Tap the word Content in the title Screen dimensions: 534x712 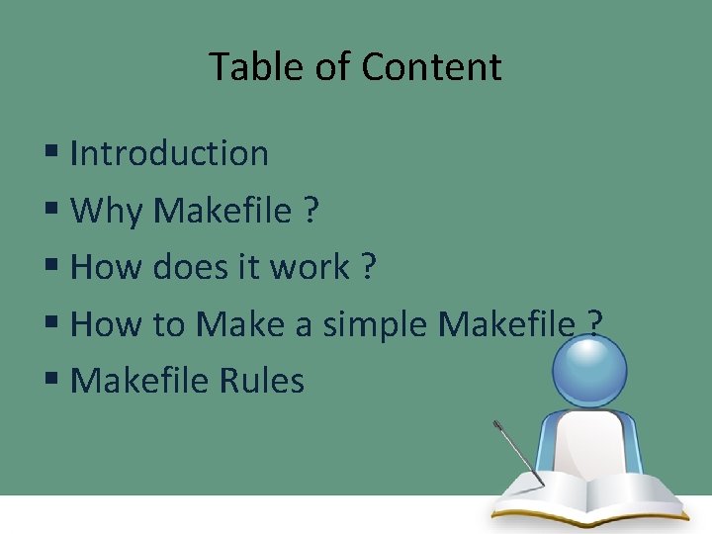(431, 67)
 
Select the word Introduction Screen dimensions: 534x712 (169, 153)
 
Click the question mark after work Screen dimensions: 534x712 (369, 267)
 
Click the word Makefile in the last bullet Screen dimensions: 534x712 (138, 381)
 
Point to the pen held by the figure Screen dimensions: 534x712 (518, 454)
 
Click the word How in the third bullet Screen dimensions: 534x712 (100, 267)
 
